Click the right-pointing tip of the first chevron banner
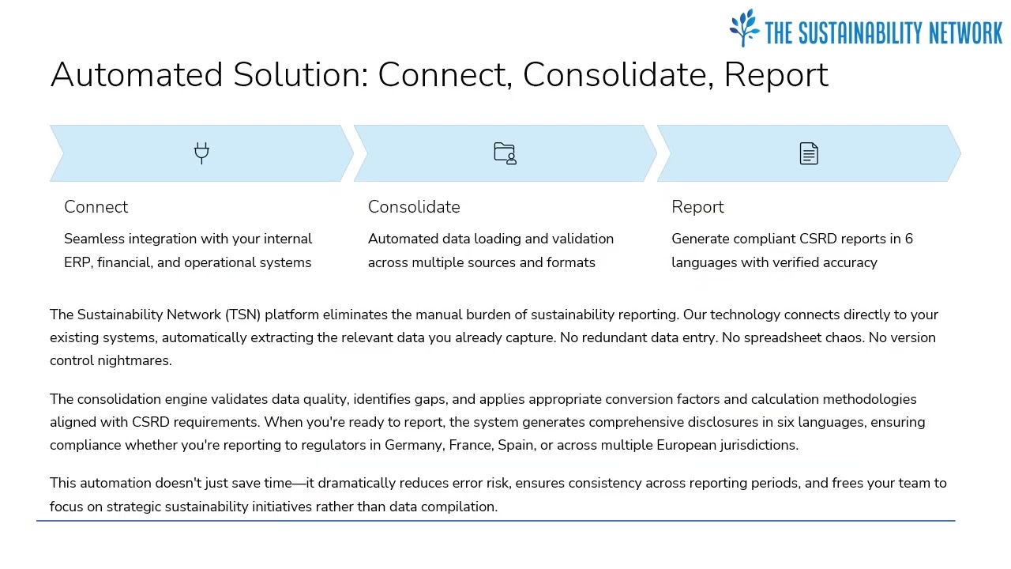tap(353, 153)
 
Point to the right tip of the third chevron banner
tap(961, 153)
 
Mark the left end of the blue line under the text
tap(36, 521)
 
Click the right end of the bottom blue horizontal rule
tap(955, 521)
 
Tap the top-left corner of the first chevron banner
tap(50, 126)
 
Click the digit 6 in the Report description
tap(908, 239)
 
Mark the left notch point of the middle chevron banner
tap(367, 153)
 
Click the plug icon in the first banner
tap(201, 153)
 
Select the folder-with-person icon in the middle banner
tap(505, 153)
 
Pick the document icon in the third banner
tap(809, 153)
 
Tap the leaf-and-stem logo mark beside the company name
tap(744, 28)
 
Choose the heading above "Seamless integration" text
tap(96, 207)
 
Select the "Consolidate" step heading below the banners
tap(414, 207)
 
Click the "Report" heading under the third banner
tap(697, 207)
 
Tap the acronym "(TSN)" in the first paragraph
tap(242, 315)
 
